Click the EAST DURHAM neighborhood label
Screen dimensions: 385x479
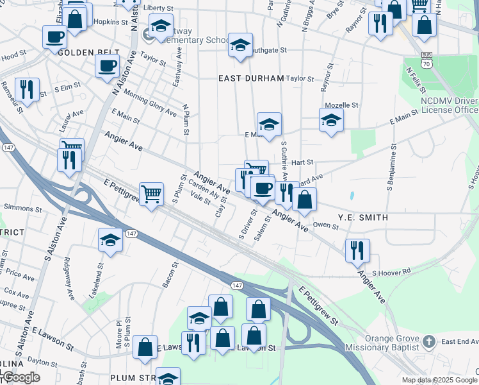click(250, 78)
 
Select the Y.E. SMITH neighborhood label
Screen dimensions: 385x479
click(362, 218)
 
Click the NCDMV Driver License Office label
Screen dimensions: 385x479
click(449, 106)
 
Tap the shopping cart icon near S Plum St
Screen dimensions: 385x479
click(151, 193)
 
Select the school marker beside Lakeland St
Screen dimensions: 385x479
click(111, 241)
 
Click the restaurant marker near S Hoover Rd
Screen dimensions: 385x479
click(357, 250)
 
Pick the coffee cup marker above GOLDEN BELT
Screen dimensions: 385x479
click(55, 36)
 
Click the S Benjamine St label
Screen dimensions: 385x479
click(389, 172)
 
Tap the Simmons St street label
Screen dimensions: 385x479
click(22, 208)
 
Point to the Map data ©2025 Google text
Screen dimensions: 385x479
click(439, 380)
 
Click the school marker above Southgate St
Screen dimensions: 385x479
click(240, 45)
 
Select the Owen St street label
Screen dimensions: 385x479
click(325, 225)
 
